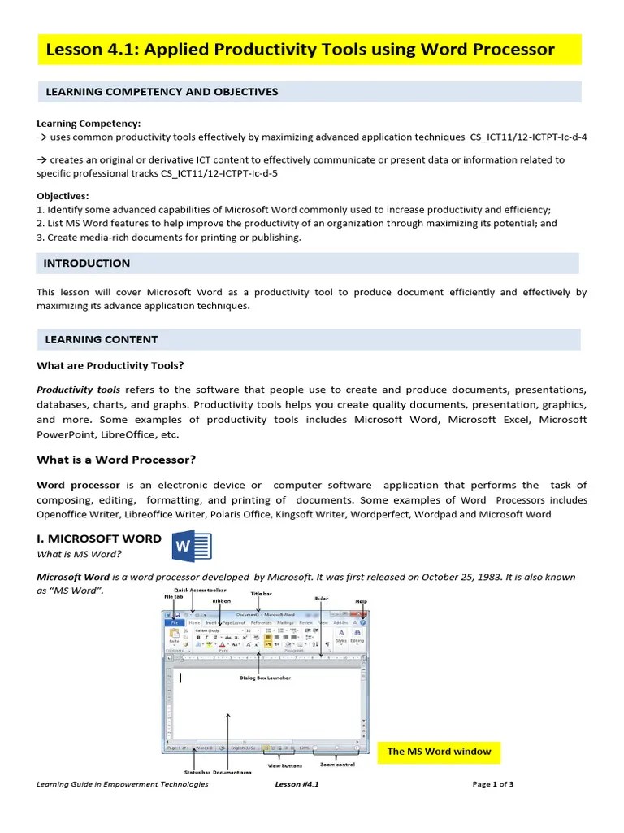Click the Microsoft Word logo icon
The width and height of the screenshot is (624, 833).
[191, 546]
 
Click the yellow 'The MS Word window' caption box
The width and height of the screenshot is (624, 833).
[439, 751]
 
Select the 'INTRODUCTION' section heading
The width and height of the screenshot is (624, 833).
[86, 264]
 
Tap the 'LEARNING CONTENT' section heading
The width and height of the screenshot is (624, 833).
[101, 339]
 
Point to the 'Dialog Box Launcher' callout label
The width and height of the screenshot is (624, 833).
[264, 678]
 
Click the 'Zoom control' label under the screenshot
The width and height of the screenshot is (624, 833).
[337, 765]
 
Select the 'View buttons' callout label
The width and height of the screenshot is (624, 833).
[284, 765]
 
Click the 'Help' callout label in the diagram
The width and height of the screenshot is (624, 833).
[362, 601]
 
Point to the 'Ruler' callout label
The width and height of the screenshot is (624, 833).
[321, 598]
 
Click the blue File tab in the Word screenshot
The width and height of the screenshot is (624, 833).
[173, 623]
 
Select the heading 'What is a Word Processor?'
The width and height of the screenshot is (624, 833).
[116, 460]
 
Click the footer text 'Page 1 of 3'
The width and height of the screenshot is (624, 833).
[493, 784]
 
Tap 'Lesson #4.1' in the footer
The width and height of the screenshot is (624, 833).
[297, 784]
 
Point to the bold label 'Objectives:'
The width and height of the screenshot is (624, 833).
[63, 196]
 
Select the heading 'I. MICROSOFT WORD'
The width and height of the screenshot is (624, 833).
[99, 539]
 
